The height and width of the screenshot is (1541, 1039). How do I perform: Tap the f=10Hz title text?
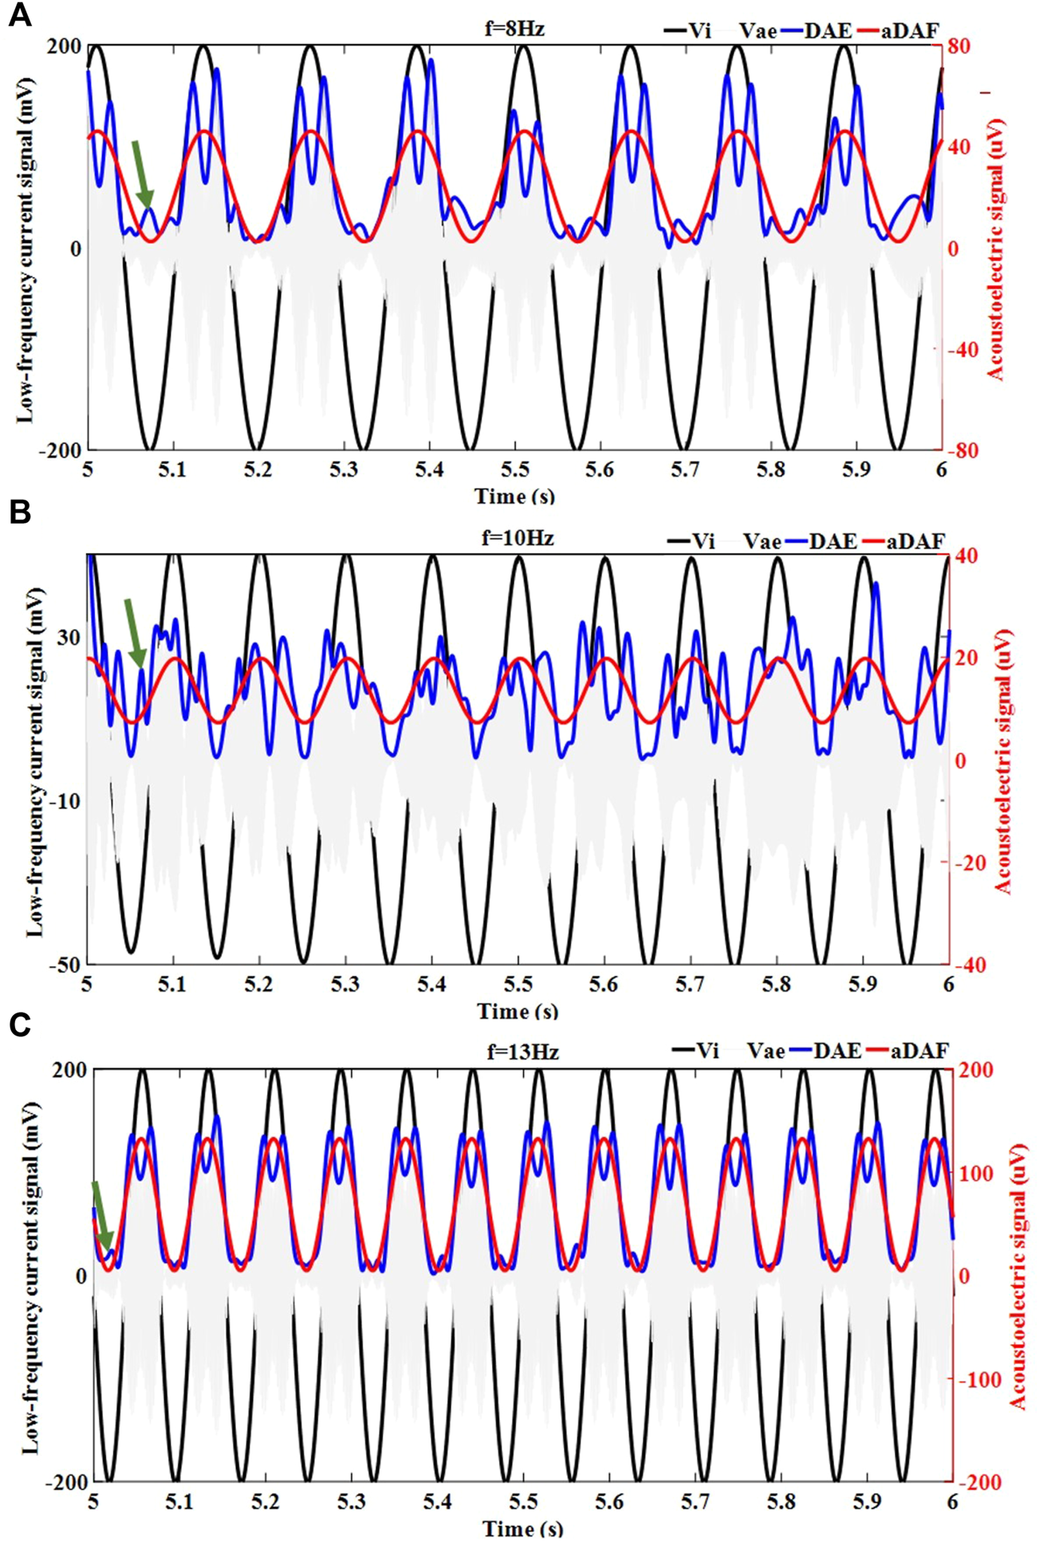518,538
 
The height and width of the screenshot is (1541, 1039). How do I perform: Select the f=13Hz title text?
522,1052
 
